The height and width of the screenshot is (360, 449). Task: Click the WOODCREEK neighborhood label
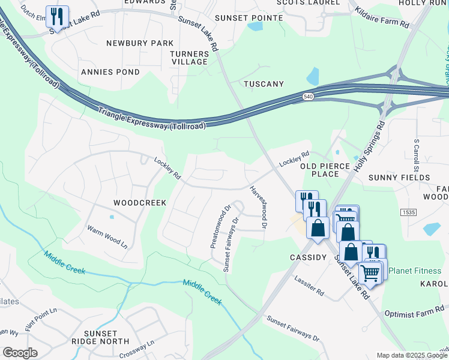(140, 203)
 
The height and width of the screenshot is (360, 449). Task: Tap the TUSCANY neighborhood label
(264, 84)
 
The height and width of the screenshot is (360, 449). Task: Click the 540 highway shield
(308, 97)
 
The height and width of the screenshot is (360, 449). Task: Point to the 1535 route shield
(409, 212)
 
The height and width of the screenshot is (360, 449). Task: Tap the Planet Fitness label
(415, 271)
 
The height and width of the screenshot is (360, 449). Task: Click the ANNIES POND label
(110, 72)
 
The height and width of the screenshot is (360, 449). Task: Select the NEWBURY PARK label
(140, 43)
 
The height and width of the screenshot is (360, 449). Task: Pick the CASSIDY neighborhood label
(307, 257)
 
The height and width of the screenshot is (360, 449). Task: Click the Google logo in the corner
(20, 353)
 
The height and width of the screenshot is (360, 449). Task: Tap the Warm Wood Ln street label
(107, 236)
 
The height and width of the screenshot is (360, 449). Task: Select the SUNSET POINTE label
(249, 18)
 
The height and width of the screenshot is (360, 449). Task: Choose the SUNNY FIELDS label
(399, 178)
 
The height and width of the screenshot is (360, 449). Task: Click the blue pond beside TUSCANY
(313, 77)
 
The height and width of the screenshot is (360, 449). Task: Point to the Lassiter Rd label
(309, 286)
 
